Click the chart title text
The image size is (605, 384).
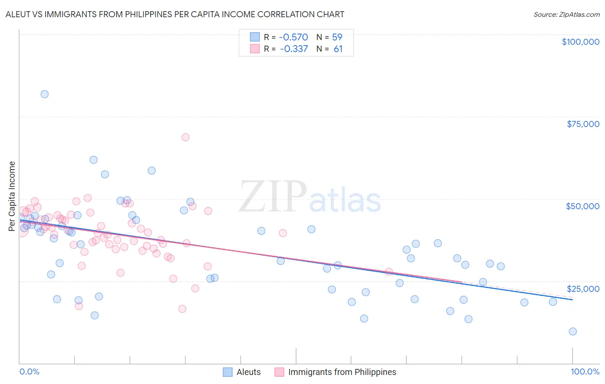click(175, 14)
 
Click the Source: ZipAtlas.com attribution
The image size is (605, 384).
click(566, 15)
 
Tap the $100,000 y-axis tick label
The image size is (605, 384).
click(580, 42)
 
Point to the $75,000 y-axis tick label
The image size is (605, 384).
click(583, 124)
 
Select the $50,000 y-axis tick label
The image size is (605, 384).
click(583, 206)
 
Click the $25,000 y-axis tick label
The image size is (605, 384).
click(583, 288)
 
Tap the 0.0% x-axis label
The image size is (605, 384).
click(30, 372)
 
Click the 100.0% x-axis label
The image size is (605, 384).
click(585, 372)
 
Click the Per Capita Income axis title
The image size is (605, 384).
click(12, 196)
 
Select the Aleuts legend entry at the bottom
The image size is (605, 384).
click(248, 372)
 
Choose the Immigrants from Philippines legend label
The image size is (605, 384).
click(342, 372)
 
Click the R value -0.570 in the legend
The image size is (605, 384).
click(293, 37)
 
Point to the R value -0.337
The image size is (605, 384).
click(293, 49)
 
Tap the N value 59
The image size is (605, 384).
click(337, 37)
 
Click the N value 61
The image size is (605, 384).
click(338, 49)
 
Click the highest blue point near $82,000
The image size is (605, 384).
click(44, 94)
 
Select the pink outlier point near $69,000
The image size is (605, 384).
click(185, 137)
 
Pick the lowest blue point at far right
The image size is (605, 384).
click(573, 331)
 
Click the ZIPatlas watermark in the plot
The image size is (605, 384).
click(310, 197)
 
